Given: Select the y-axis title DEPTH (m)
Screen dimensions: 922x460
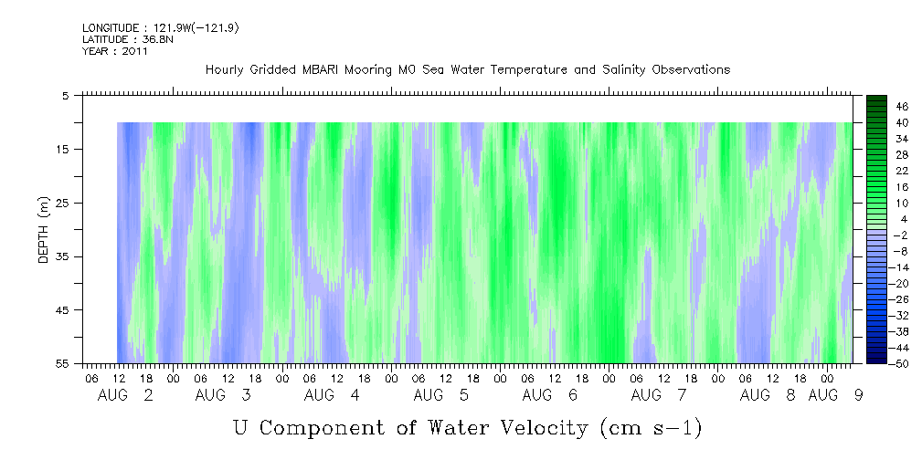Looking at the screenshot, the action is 44,230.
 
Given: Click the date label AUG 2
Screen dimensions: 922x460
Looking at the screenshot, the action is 125,395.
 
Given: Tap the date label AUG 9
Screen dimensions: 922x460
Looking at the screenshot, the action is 835,395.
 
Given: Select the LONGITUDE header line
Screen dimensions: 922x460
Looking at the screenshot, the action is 161,27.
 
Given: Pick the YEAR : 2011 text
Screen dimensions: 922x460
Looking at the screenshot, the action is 115,51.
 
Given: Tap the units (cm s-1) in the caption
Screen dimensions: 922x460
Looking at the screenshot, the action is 651,428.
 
